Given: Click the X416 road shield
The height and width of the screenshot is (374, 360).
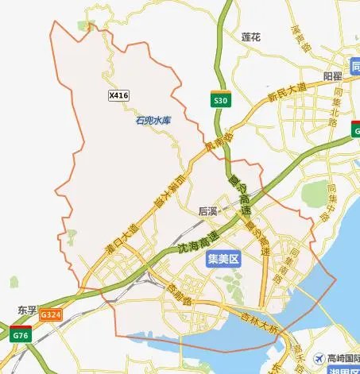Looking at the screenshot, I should (x=118, y=95).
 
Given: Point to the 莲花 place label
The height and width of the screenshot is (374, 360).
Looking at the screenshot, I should (x=251, y=37).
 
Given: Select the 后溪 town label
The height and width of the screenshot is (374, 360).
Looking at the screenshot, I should (x=208, y=212).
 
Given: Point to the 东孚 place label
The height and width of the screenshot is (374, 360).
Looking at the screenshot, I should (x=27, y=308).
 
